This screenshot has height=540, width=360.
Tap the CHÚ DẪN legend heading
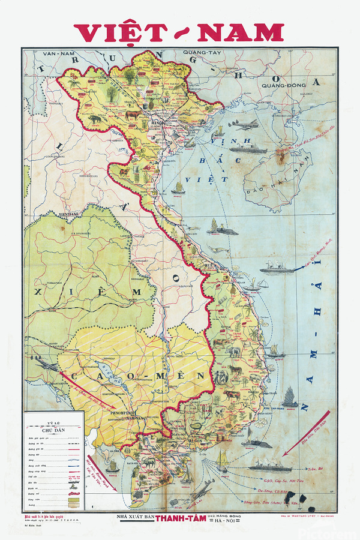pos(53,429)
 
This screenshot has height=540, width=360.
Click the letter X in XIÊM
pos(39,293)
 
